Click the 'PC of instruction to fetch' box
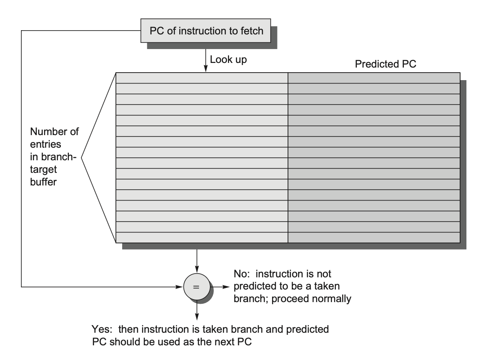tap(206, 31)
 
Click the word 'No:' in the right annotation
tap(242, 275)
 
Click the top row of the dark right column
tap(374, 78)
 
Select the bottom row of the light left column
tap(202, 237)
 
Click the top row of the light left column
tap(202, 78)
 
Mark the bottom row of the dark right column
tap(374, 237)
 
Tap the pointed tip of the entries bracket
tap(81, 158)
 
